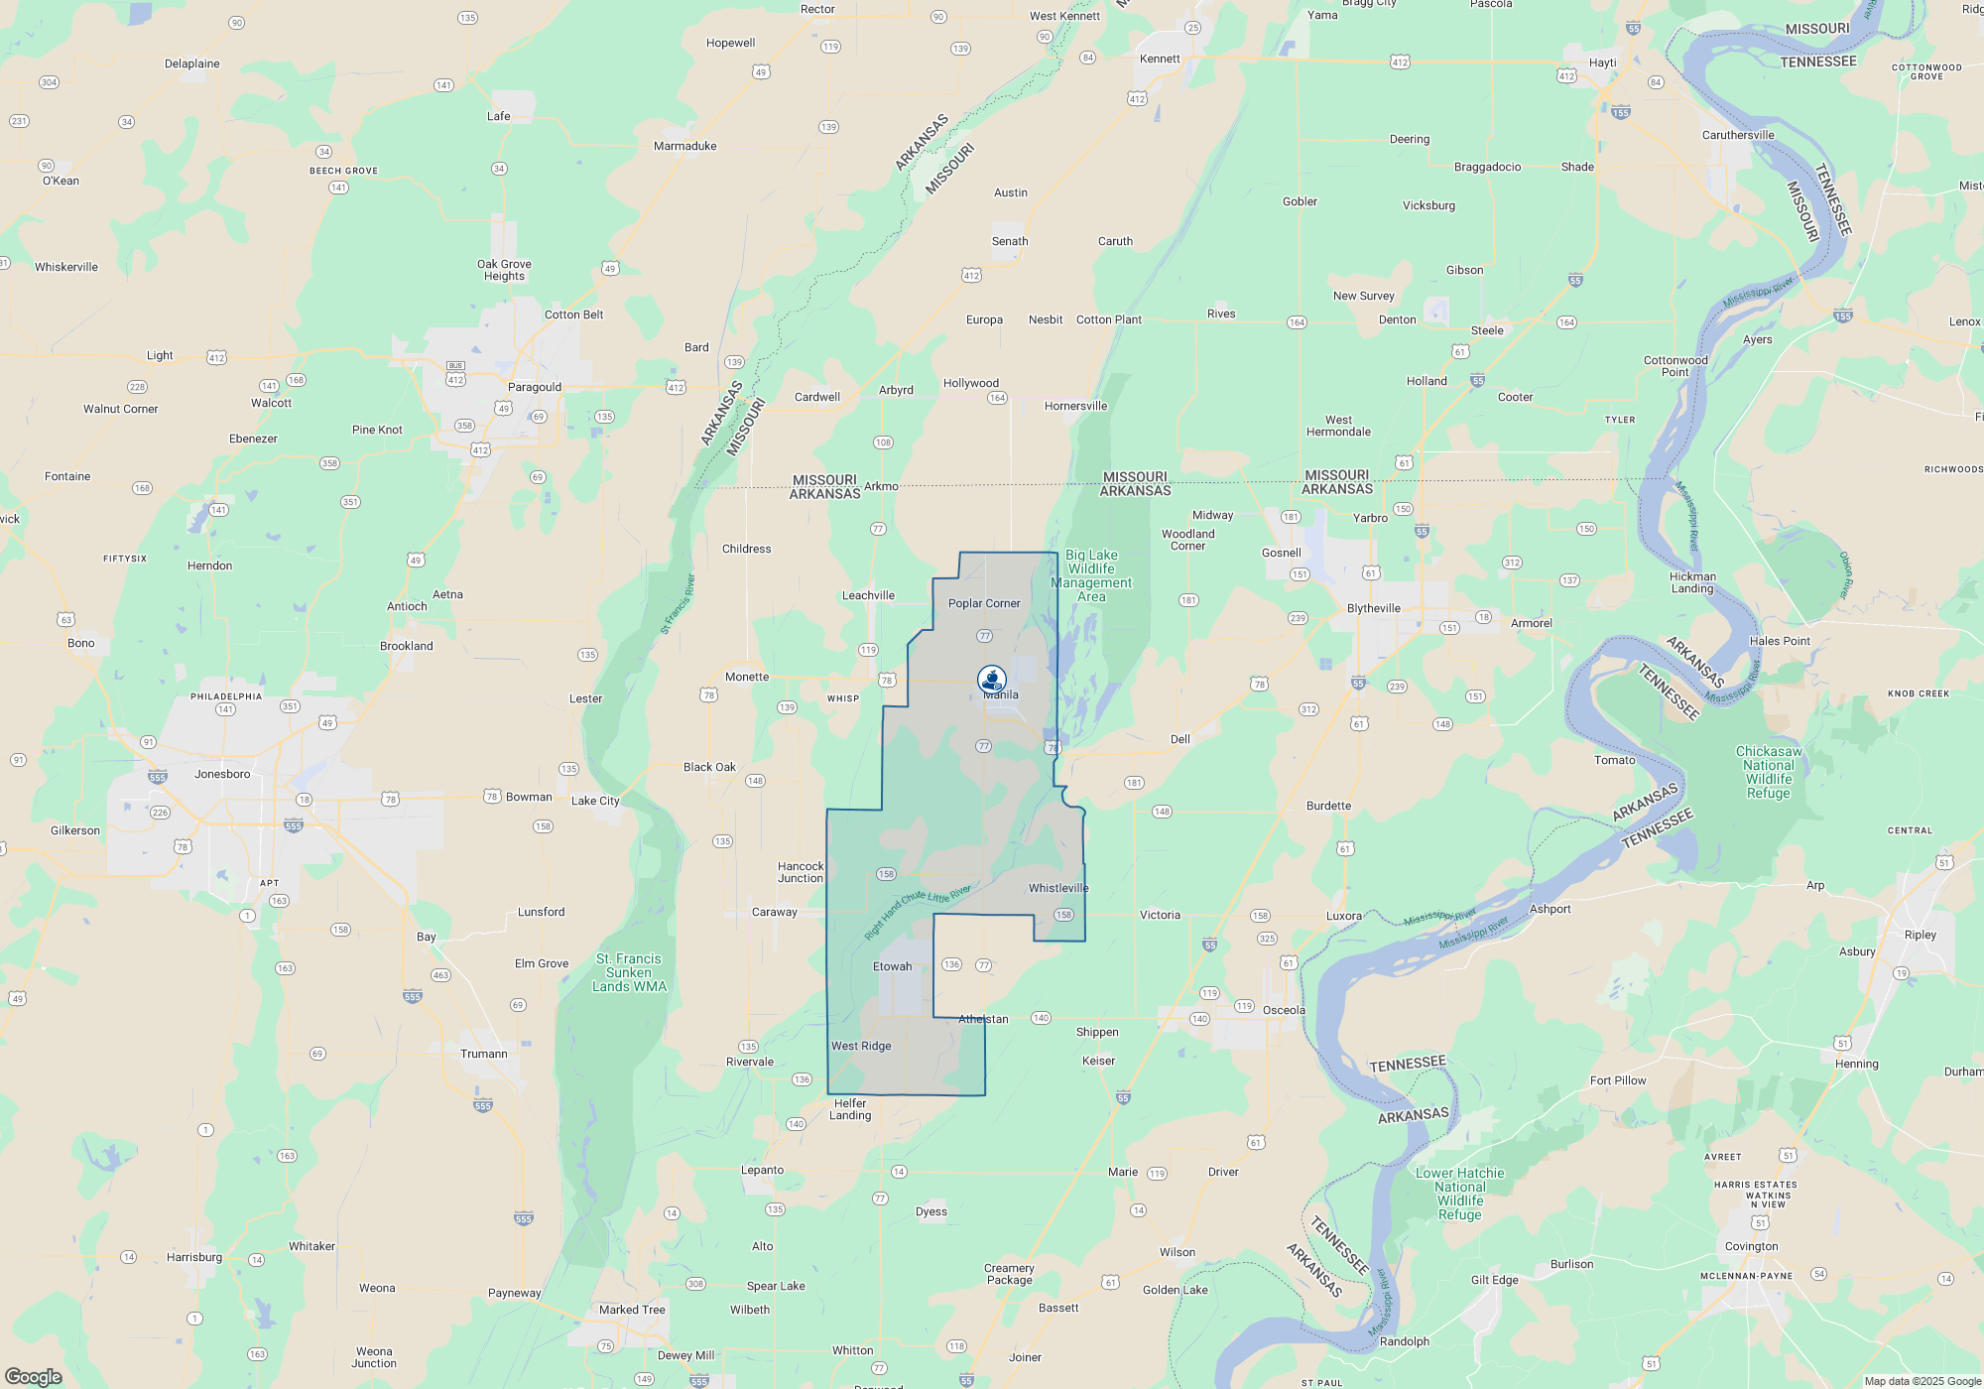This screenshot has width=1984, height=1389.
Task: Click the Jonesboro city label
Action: click(222, 774)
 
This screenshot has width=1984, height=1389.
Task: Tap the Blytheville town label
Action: click(1374, 608)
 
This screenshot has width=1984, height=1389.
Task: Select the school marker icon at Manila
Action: click(991, 679)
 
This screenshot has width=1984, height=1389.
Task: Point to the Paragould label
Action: click(535, 387)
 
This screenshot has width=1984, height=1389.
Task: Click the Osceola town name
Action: click(1284, 1010)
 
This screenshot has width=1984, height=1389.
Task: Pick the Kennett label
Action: click(1160, 59)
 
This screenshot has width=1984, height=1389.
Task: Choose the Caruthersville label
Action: click(1738, 135)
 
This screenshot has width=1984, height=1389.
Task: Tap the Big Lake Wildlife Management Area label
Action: click(1091, 575)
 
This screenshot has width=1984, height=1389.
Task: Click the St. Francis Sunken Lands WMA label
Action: click(629, 972)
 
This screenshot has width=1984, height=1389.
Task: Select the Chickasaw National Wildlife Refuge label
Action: click(1769, 772)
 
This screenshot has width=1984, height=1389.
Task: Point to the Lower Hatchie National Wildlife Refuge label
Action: click(1459, 1194)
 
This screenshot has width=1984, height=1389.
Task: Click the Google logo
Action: click(34, 1376)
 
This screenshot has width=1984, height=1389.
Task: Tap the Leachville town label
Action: click(868, 595)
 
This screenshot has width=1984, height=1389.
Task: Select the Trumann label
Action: click(483, 1054)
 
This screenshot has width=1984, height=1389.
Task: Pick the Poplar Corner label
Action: click(983, 603)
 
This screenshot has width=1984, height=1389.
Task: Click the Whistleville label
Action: click(1057, 888)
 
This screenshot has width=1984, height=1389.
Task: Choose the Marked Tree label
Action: click(632, 1310)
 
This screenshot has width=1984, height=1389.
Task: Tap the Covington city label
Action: click(1751, 1246)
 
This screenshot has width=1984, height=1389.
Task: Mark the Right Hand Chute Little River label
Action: click(918, 912)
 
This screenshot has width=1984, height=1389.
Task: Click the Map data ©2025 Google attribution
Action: click(1922, 1381)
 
